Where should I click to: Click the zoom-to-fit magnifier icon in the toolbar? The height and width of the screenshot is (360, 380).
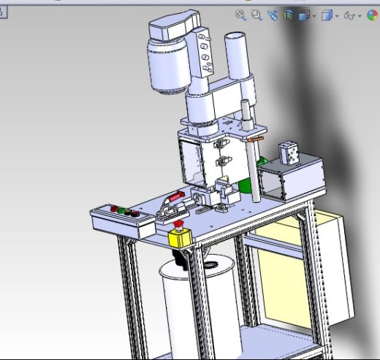click(240, 15)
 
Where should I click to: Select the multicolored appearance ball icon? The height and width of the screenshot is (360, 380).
click(372, 15)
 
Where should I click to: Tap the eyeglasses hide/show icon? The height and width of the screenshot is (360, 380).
click(350, 15)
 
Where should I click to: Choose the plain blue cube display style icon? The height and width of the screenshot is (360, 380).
click(327, 15)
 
